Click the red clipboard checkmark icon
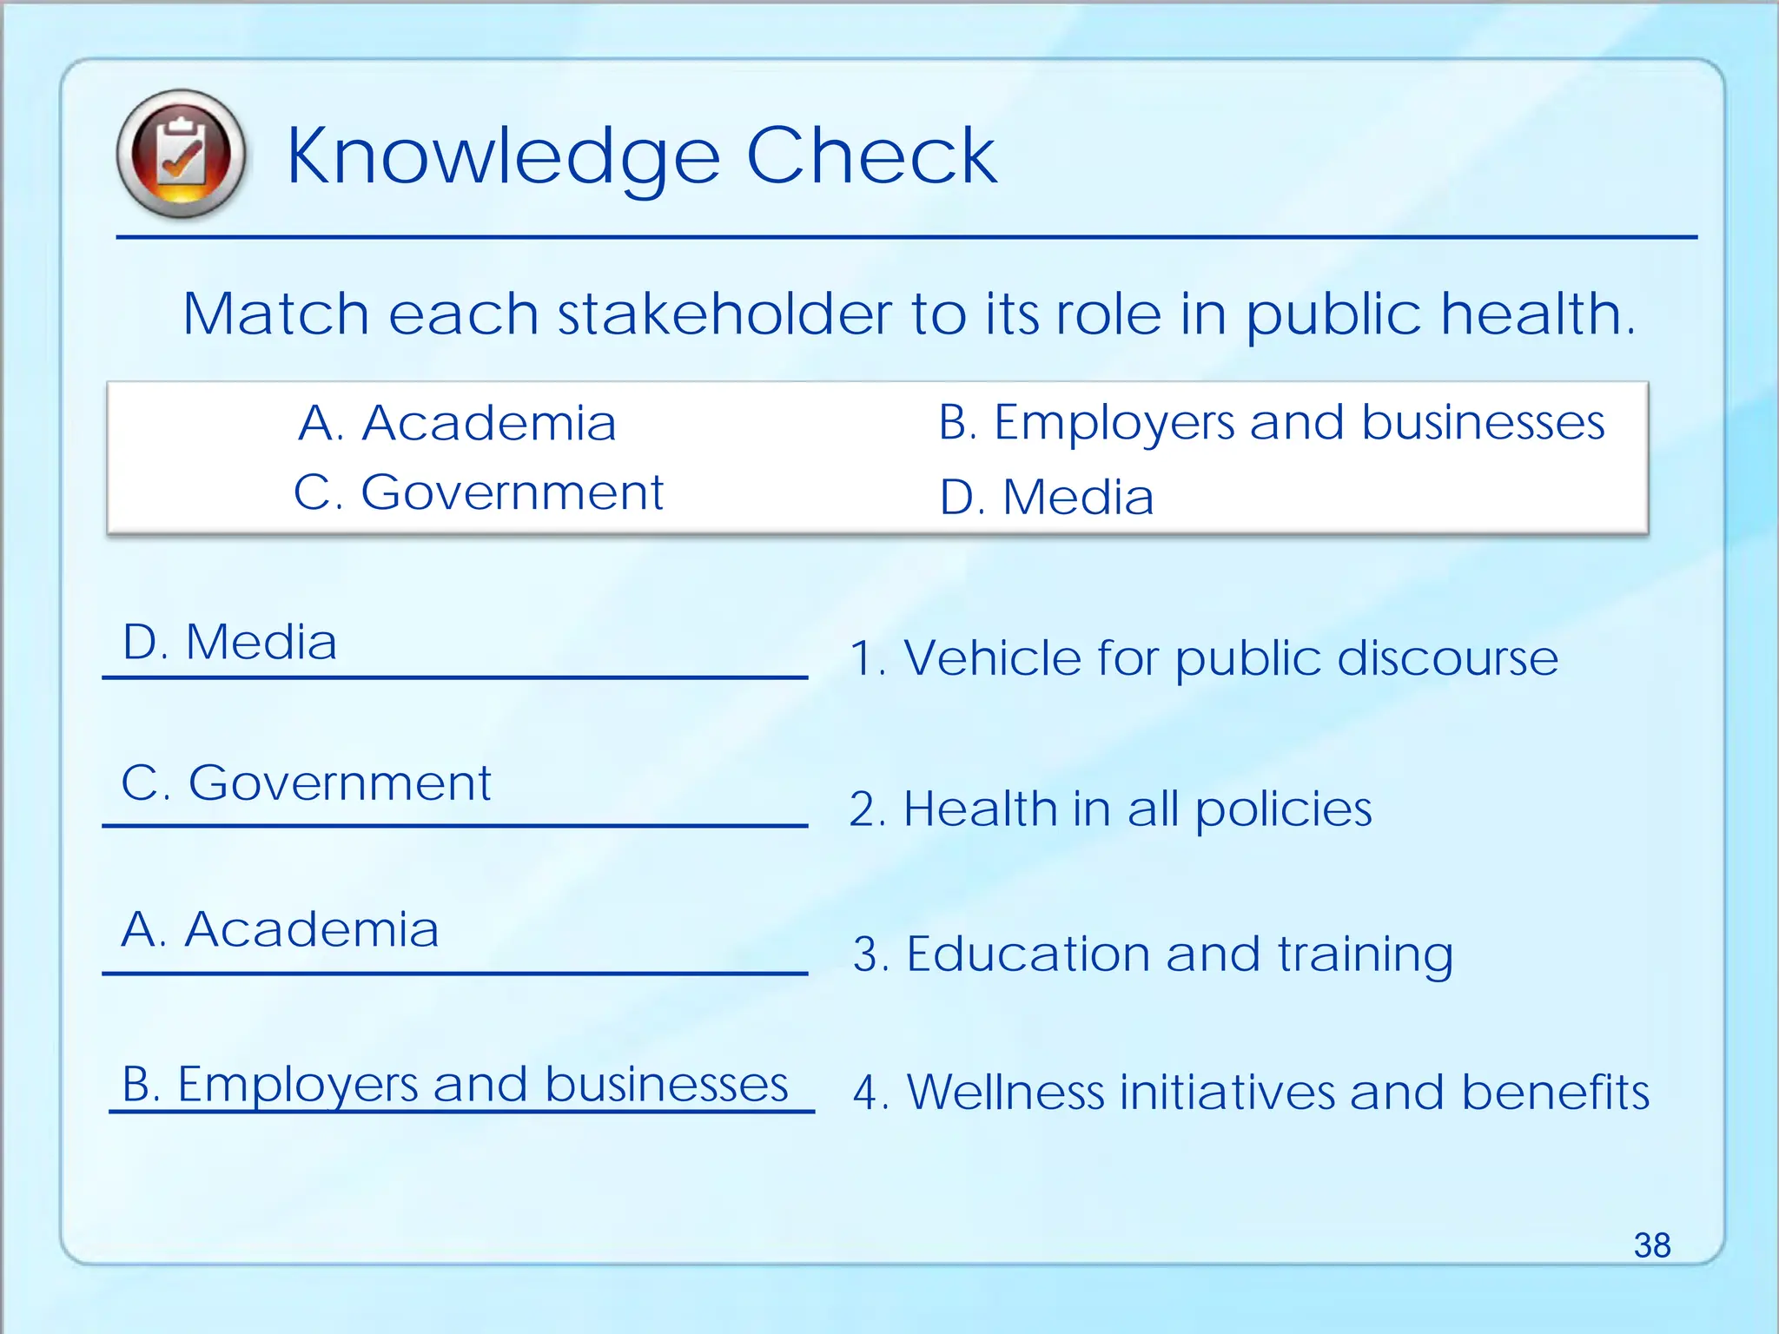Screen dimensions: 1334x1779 tap(181, 154)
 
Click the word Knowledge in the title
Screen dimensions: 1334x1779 tap(503, 156)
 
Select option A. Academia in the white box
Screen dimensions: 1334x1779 tap(457, 424)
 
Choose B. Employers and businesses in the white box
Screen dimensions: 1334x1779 tap(1271, 424)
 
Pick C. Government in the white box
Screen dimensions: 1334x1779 tap(479, 493)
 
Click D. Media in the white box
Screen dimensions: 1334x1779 tap(1047, 498)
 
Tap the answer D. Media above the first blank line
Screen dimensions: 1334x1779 tap(229, 643)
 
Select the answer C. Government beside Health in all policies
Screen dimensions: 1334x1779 tap(306, 783)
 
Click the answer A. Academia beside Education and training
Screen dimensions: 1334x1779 tap(280, 929)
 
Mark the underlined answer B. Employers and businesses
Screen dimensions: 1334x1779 tap(454, 1085)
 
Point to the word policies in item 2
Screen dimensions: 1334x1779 tap(1283, 809)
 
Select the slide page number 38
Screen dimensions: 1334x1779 tap(1651, 1245)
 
